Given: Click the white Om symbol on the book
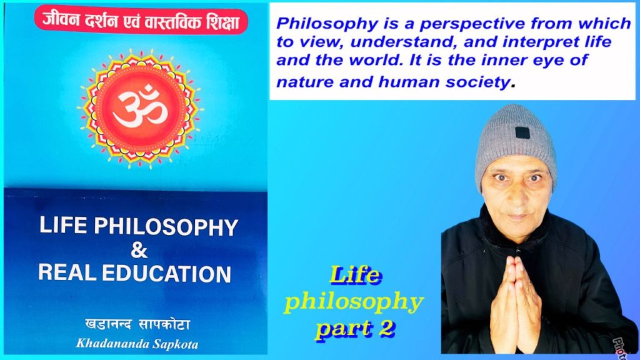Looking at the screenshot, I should tap(139, 109).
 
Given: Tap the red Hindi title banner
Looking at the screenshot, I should tap(141, 21).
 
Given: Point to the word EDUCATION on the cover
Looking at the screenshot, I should tap(169, 273).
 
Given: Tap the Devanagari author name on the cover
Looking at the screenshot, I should tap(139, 324).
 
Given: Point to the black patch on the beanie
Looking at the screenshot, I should tap(522, 132).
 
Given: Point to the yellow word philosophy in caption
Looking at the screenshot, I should tap(354, 302).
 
